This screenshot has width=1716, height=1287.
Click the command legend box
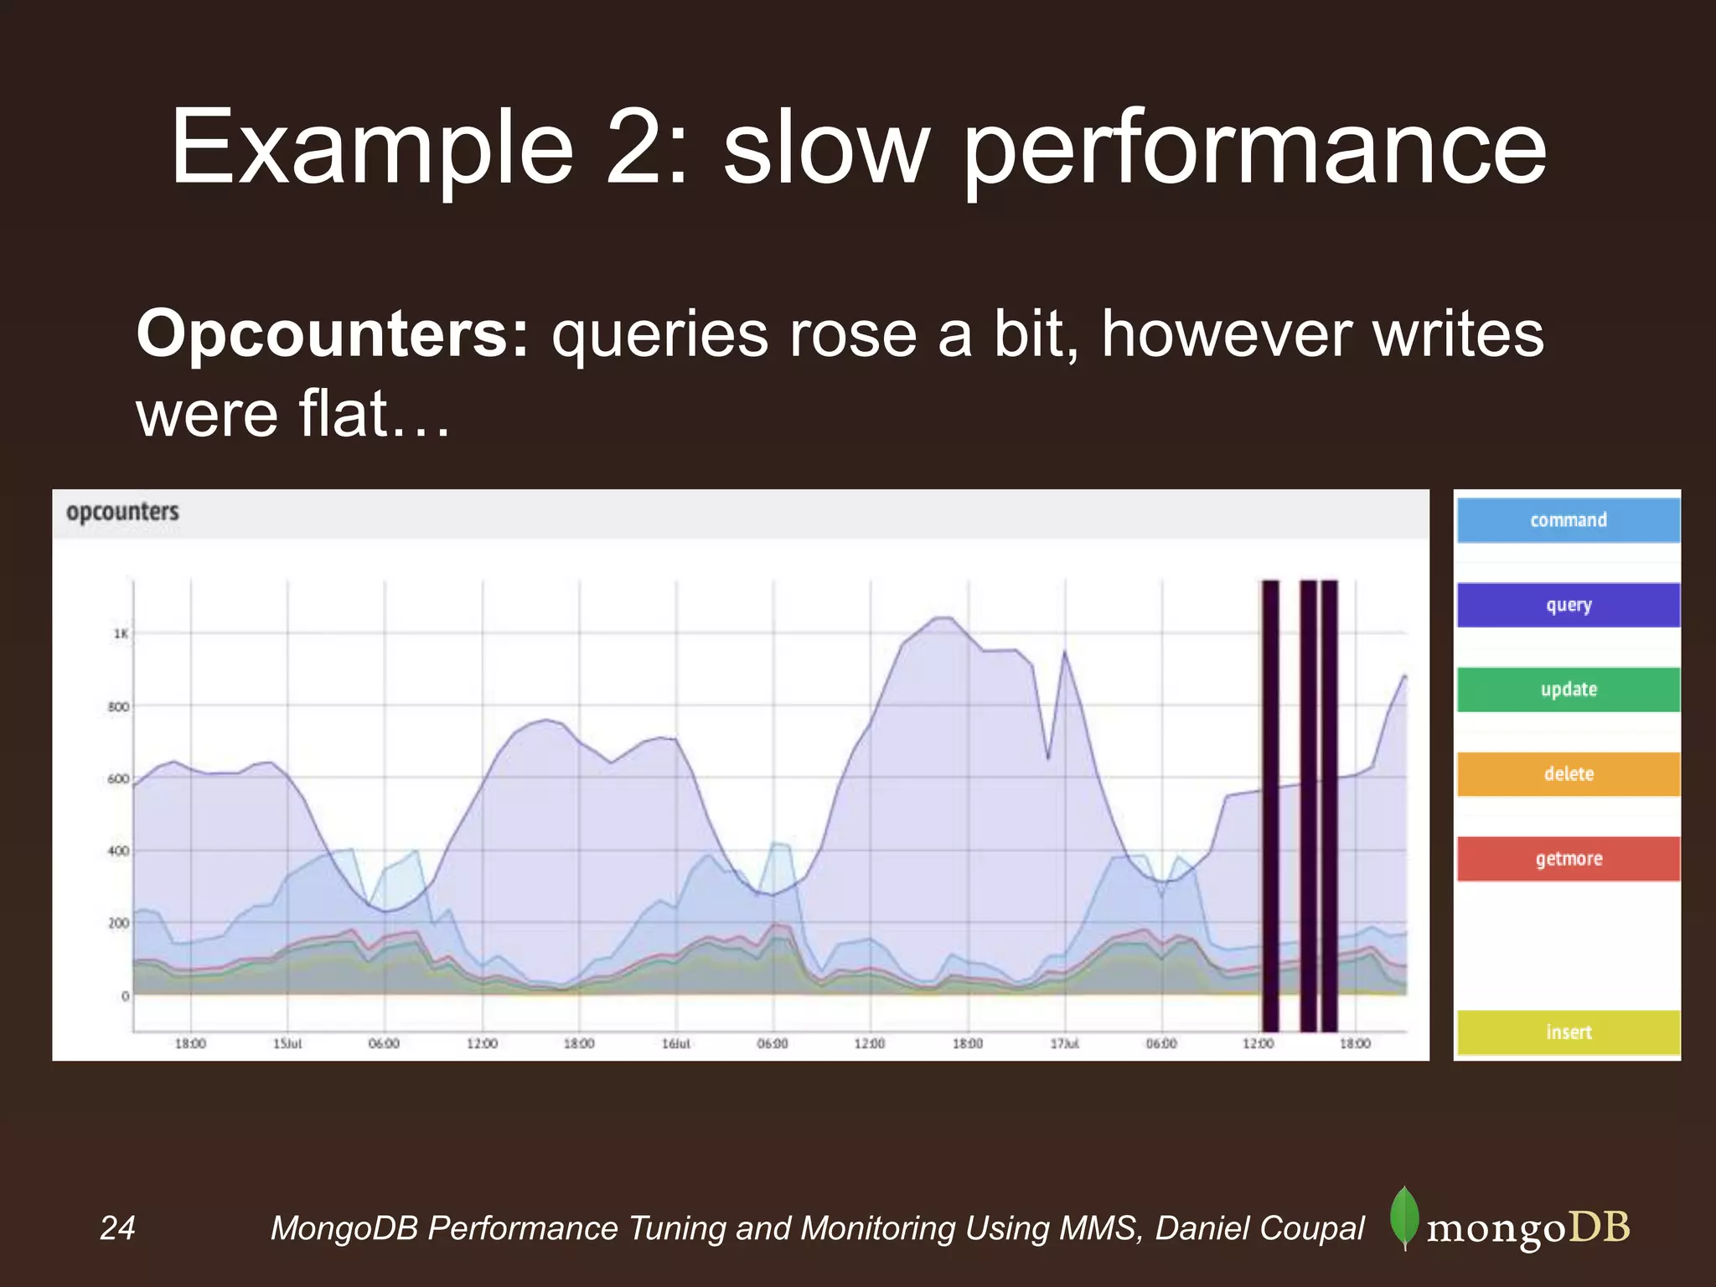click(x=1569, y=520)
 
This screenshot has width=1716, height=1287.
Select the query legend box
click(x=1569, y=605)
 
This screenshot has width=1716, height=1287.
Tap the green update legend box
click(x=1569, y=690)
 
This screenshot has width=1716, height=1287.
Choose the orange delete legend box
click(x=1569, y=774)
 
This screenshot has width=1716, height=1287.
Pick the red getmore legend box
click(x=1569, y=859)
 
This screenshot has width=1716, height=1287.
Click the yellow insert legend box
click(x=1569, y=1032)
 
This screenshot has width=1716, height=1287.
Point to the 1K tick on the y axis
click(x=121, y=634)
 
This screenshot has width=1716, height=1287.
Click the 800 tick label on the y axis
click(x=119, y=707)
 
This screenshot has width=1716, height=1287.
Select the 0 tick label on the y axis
click(x=125, y=996)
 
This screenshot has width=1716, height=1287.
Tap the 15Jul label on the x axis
click(x=287, y=1044)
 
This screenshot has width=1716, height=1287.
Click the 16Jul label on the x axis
click(x=676, y=1044)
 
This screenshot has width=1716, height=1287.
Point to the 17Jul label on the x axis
click(x=1064, y=1044)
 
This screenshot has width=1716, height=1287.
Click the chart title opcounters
click(x=122, y=512)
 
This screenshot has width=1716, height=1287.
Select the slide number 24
click(x=117, y=1228)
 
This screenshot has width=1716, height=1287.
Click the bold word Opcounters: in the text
click(x=333, y=334)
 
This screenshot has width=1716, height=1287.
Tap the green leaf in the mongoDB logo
click(x=1404, y=1217)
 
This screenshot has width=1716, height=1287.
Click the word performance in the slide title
click(x=1254, y=149)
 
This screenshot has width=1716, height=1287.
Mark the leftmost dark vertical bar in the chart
click(x=1270, y=804)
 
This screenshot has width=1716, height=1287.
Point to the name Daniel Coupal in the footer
click(x=1260, y=1228)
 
